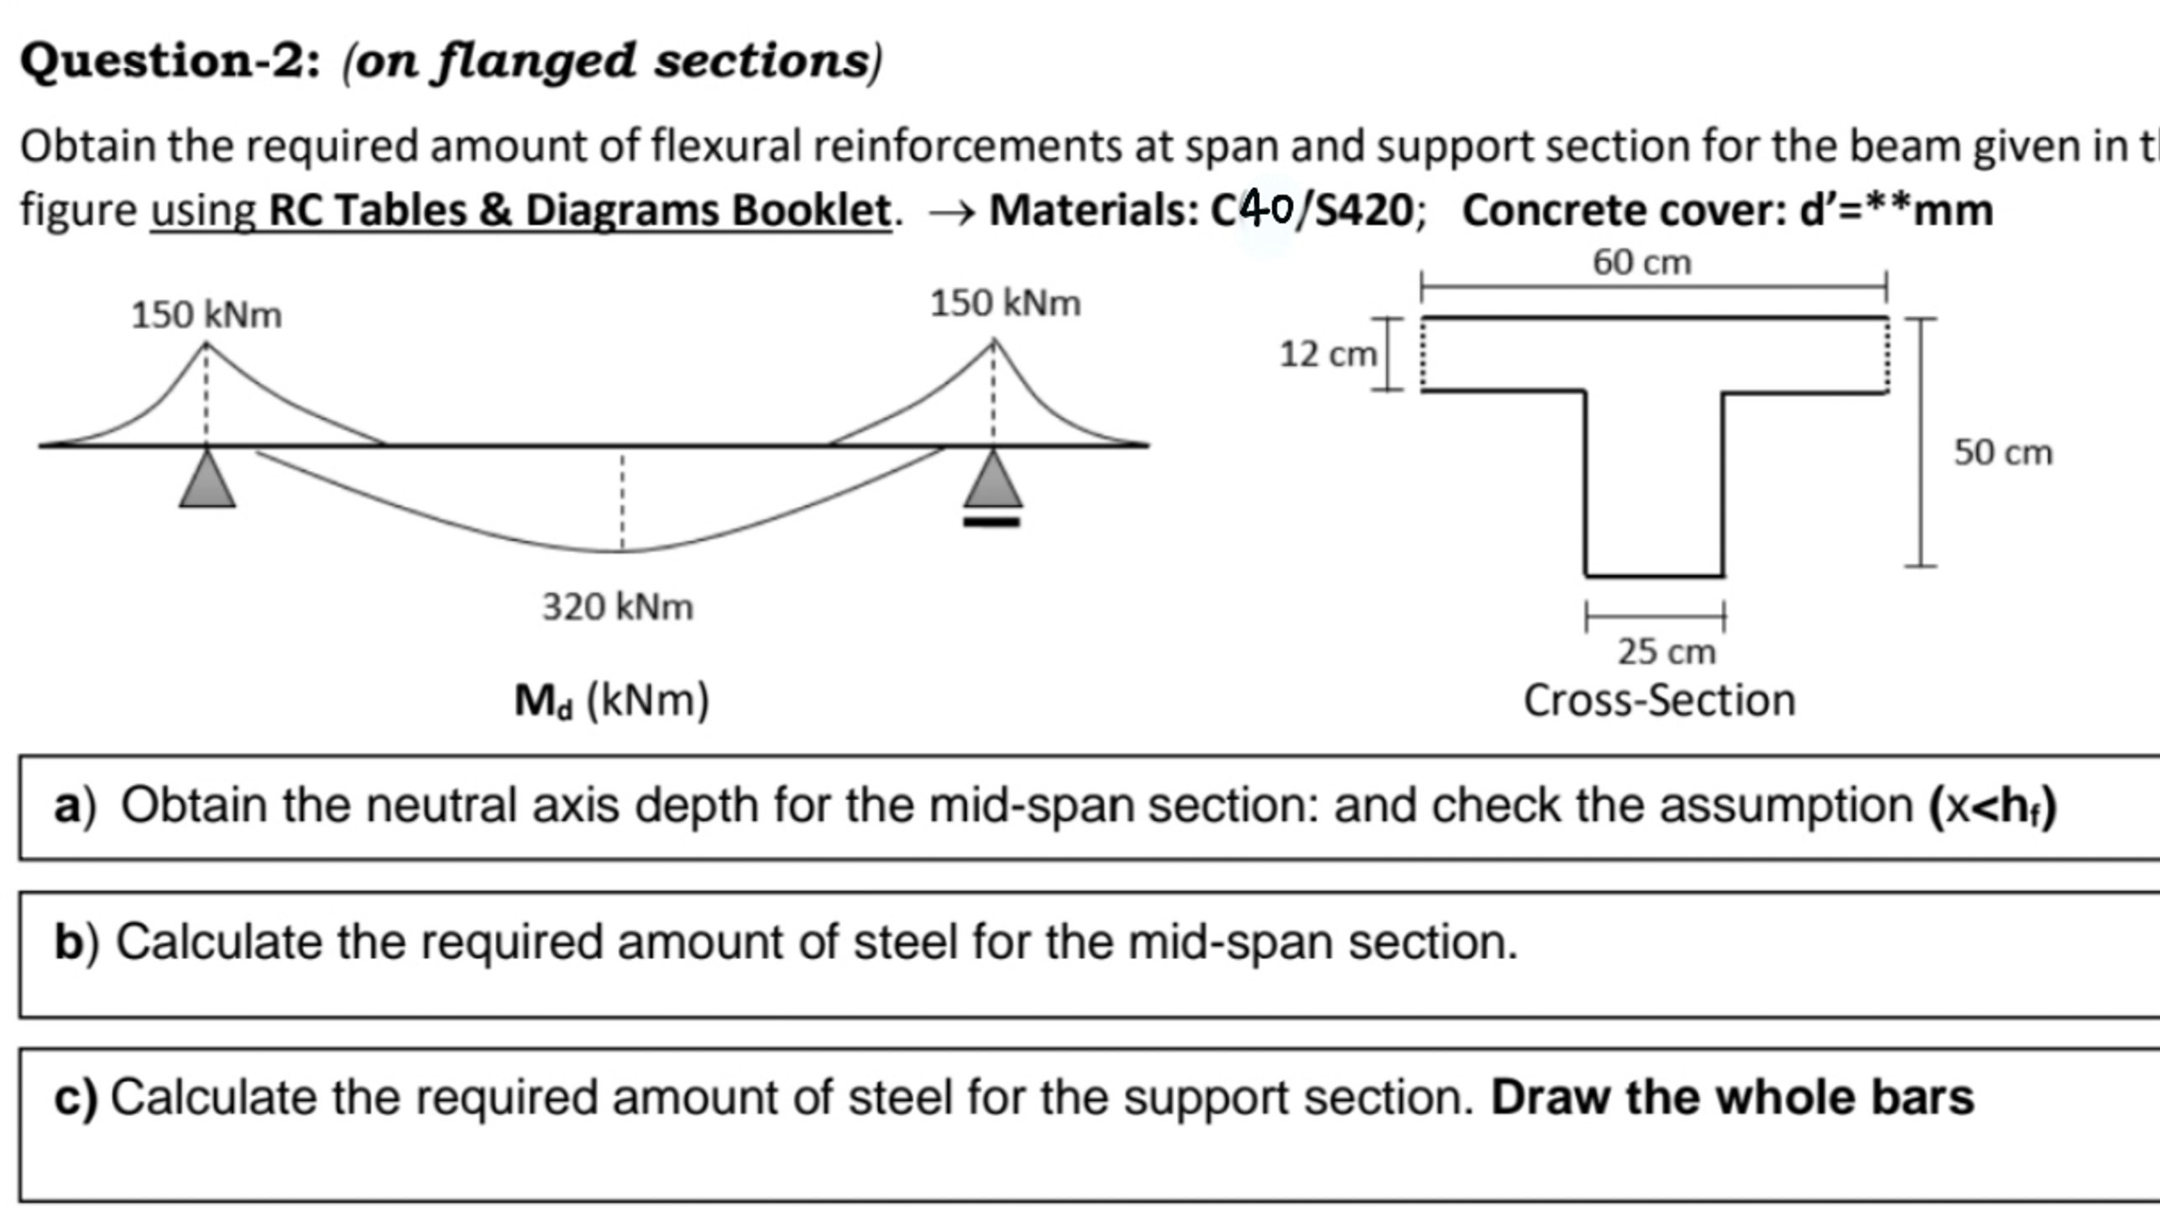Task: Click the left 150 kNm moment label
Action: (207, 316)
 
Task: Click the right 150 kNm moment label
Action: (1005, 304)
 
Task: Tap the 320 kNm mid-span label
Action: (618, 607)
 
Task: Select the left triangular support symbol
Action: (207, 481)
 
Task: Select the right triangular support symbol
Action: (993, 481)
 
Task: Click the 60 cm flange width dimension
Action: (1642, 263)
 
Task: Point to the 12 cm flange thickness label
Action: (1327, 355)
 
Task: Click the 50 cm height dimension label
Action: (2003, 453)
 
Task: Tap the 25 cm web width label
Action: (1666, 652)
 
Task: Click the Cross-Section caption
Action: (1659, 701)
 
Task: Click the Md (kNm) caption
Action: (612, 701)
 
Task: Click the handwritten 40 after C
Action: (1267, 208)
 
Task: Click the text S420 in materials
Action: (1363, 211)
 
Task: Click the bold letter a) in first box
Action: (74, 806)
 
